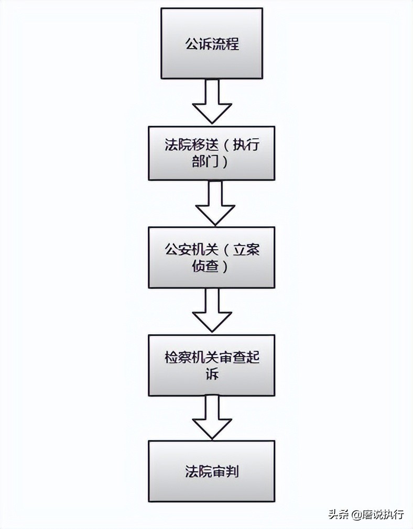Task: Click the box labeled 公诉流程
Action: [x=212, y=43]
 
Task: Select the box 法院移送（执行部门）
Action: [x=211, y=153]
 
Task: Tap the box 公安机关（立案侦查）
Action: [x=211, y=257]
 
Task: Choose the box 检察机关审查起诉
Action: [x=211, y=365]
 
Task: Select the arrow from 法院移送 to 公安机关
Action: [x=214, y=203]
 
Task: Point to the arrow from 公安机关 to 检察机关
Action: [x=212, y=310]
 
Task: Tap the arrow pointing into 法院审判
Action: [x=212, y=417]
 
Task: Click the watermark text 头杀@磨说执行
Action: [x=366, y=514]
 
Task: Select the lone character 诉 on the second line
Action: [x=211, y=375]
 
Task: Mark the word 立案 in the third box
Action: [x=246, y=249]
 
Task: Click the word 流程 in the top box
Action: [x=225, y=43]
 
